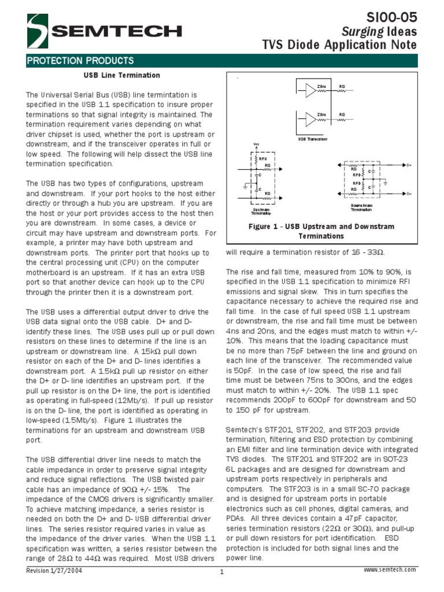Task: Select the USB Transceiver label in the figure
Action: [313, 139]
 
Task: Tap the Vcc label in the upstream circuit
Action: [256, 145]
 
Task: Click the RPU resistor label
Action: [263, 158]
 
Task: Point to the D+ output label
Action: [409, 165]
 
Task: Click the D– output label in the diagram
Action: [409, 194]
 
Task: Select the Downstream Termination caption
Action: [361, 208]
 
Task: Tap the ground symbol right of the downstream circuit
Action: [386, 183]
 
